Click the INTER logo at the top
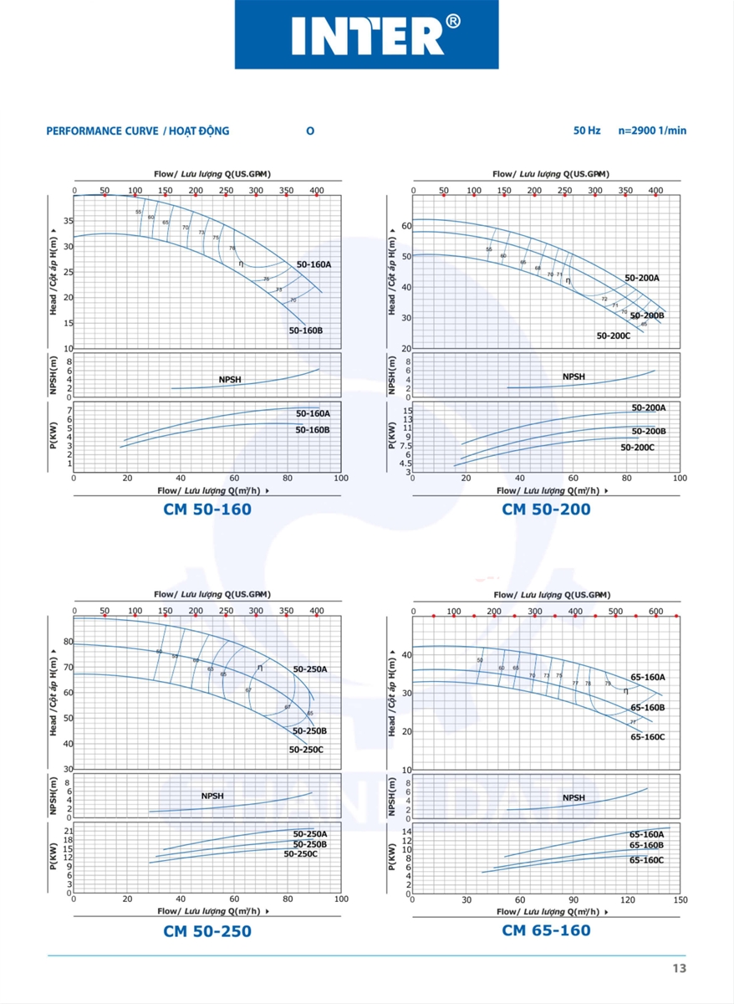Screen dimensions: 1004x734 pos(366,35)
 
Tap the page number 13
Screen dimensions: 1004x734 pos(678,968)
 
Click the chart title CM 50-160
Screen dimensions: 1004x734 pos(207,509)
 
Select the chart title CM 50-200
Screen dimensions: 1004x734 pos(546,509)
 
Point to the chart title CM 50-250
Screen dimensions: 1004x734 pos(207,930)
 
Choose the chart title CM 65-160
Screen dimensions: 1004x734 pos(546,930)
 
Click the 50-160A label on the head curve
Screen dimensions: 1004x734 pos(313,264)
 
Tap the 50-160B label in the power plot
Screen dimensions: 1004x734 pos(312,429)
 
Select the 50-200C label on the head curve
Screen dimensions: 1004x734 pos(613,335)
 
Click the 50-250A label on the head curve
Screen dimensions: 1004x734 pos(309,669)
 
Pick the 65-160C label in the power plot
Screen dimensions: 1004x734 pos(646,859)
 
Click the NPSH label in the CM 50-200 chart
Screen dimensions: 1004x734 pos(573,376)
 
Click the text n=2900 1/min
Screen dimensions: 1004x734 pos(652,131)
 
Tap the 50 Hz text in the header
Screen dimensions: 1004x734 pos(587,131)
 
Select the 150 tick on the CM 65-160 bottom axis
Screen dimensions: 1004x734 pos(679,899)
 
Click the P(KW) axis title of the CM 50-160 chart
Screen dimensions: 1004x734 pos(53,436)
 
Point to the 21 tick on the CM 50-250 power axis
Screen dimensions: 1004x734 pos(67,831)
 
